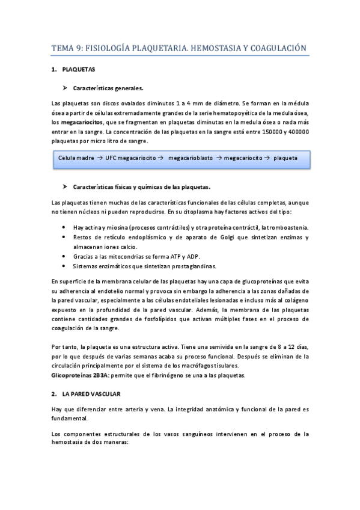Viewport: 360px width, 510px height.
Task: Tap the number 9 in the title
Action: coord(79,48)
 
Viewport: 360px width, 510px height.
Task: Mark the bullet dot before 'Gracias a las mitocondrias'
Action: coord(64,256)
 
